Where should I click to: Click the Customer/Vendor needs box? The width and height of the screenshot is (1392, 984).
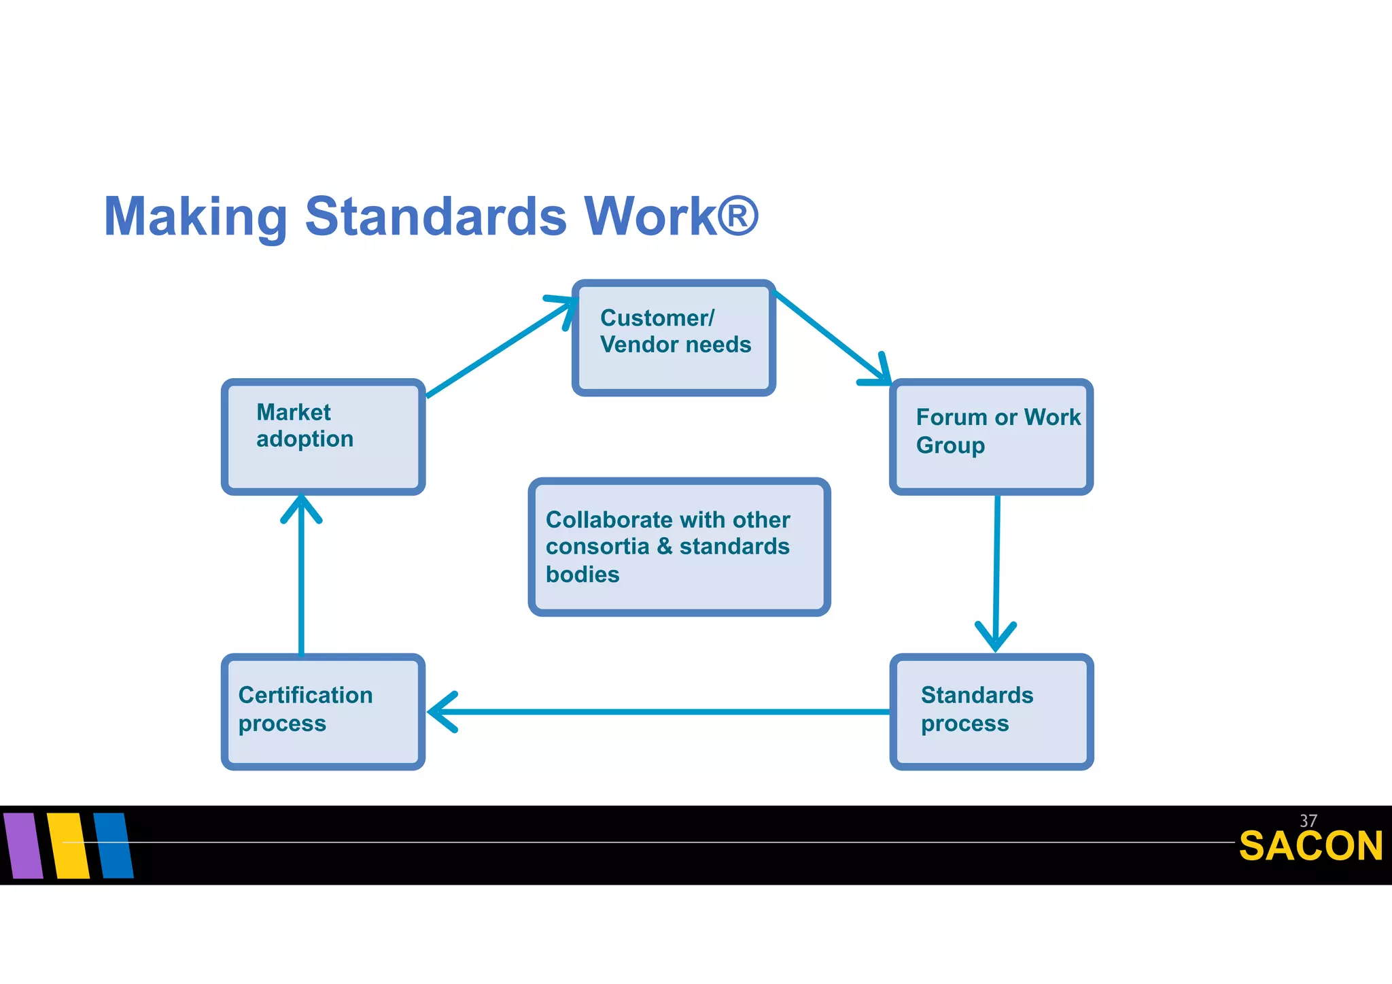point(674,337)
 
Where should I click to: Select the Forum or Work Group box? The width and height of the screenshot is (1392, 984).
point(991,437)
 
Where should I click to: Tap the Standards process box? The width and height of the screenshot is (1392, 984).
point(991,711)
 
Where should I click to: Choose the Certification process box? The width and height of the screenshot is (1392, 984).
point(323,711)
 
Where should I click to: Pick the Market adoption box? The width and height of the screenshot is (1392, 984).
point(323,437)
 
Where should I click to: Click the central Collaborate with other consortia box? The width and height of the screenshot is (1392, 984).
point(679,547)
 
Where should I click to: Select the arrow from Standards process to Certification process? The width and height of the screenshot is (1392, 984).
point(659,711)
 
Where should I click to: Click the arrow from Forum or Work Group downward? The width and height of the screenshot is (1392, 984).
point(996,564)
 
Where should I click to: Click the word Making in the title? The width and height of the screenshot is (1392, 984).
point(196,218)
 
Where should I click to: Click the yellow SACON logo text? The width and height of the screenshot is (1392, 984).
point(1310,846)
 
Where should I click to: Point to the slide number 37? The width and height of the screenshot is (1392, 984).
point(1308,821)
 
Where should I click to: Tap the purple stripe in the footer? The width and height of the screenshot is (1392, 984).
point(23,845)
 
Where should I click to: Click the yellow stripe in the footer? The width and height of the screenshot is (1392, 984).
point(68,845)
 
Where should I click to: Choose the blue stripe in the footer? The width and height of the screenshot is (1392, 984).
point(114,845)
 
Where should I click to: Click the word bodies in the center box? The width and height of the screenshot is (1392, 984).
point(582,575)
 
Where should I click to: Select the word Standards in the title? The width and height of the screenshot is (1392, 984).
point(436,218)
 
